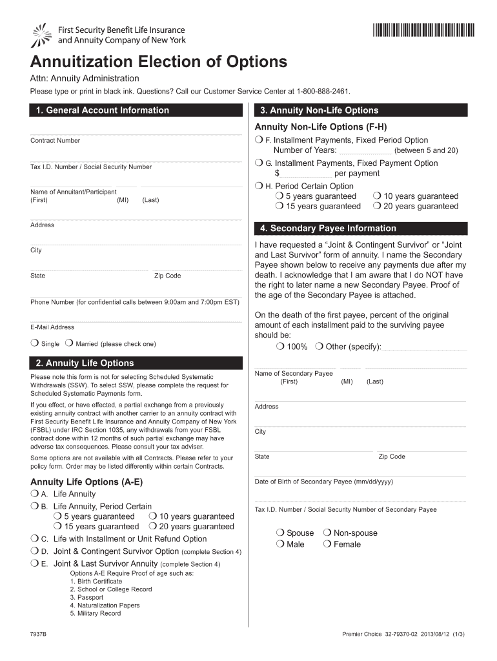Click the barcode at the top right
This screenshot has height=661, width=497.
pos(423,30)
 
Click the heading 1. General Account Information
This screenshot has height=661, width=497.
pos(103,110)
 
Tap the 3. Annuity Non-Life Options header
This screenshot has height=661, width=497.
pos(319,110)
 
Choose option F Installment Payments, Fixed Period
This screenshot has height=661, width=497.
pos(259,140)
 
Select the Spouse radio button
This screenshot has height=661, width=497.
pos(279,533)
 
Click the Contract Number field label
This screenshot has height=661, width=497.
pos(55,141)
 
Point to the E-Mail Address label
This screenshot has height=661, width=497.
pos(52,327)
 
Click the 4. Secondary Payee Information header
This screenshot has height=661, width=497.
pos(328,229)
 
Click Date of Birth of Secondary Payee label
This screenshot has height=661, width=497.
pos(323,482)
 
